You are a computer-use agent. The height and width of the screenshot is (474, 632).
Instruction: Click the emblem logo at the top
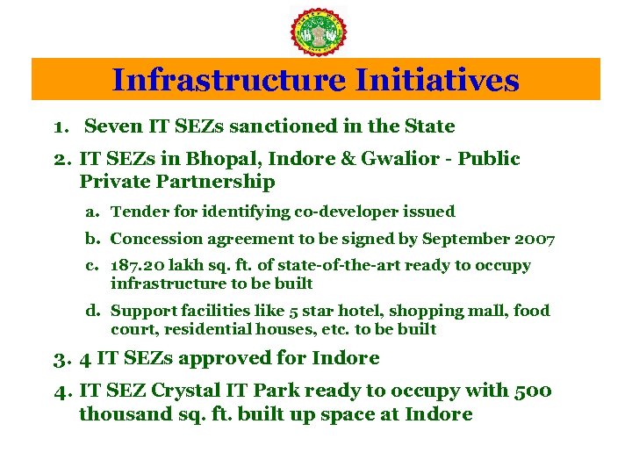(x=317, y=32)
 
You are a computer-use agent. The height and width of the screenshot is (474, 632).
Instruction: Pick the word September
(x=463, y=239)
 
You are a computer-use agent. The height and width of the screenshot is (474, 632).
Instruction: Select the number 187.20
(x=139, y=265)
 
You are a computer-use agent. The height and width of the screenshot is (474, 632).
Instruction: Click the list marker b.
(x=91, y=239)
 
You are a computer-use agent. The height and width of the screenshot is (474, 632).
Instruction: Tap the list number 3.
(x=57, y=358)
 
